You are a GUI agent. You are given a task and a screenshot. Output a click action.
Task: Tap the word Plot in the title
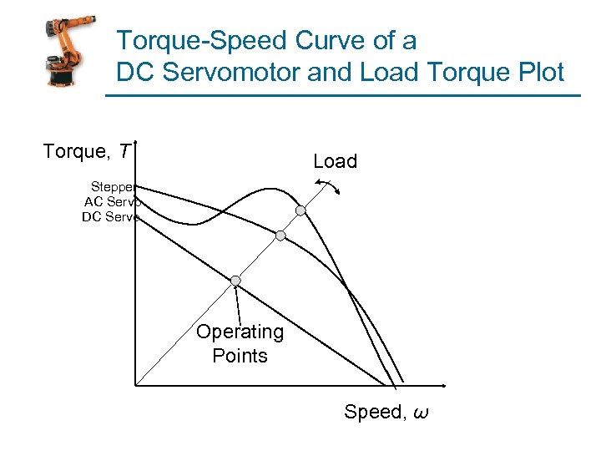click(x=538, y=72)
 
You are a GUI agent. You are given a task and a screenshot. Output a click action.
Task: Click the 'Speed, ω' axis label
click(x=386, y=412)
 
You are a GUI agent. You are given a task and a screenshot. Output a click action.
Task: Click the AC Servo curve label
click(x=112, y=201)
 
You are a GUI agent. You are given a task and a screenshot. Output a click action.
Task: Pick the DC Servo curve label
click(x=110, y=217)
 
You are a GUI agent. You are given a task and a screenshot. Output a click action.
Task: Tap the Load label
click(x=335, y=161)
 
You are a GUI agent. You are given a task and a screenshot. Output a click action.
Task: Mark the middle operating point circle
click(x=281, y=236)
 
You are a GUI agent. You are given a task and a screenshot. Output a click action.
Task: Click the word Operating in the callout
click(x=240, y=332)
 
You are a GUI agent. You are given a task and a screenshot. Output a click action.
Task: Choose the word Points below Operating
click(x=240, y=356)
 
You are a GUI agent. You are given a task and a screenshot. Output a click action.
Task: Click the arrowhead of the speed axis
click(x=444, y=385)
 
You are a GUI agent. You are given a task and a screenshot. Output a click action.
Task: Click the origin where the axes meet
click(x=134, y=385)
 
